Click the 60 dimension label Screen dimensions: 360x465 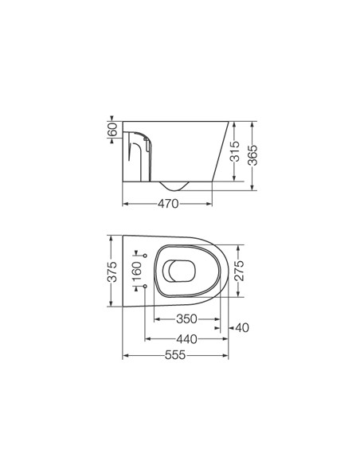112,129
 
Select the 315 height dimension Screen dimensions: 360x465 235,151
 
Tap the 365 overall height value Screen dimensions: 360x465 252,155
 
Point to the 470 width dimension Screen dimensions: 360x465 168,204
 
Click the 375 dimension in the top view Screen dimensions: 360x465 112,272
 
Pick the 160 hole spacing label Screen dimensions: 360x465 137,272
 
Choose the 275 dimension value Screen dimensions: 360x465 239,271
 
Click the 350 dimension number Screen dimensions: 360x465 186,319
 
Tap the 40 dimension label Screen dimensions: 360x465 242,328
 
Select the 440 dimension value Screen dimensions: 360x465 187,339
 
